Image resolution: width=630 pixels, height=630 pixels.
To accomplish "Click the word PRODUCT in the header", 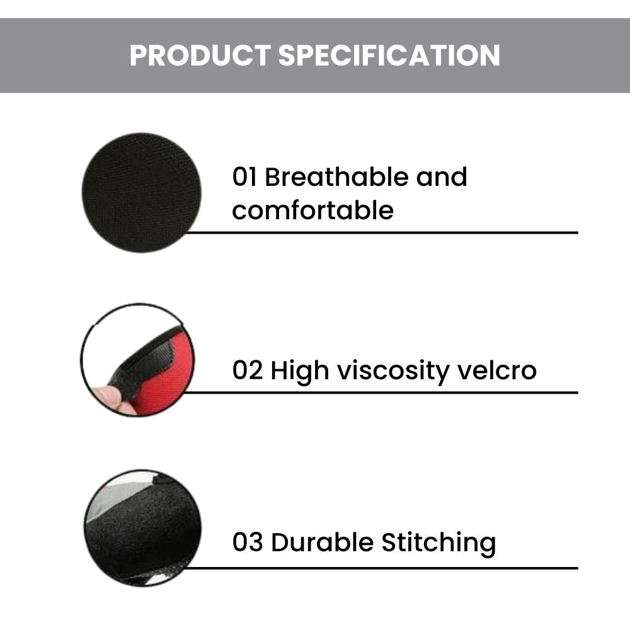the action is (200, 55).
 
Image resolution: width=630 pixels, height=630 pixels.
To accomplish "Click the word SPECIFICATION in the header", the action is (389, 55).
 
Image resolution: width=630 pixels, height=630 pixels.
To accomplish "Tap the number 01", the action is (244, 177).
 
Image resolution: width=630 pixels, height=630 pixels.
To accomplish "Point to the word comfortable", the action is (313, 210).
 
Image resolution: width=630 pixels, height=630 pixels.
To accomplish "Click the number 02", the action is (248, 370).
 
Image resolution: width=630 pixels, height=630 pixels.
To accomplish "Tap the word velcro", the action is (498, 370).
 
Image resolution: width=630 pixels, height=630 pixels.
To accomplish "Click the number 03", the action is (248, 542).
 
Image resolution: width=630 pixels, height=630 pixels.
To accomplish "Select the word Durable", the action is (322, 542).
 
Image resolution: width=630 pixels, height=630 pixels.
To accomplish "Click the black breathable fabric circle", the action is (141, 192).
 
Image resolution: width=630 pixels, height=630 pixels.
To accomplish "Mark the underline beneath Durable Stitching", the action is (381, 568).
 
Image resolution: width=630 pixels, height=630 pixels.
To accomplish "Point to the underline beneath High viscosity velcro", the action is (381, 392).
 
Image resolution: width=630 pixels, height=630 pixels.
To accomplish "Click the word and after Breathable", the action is (442, 176).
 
